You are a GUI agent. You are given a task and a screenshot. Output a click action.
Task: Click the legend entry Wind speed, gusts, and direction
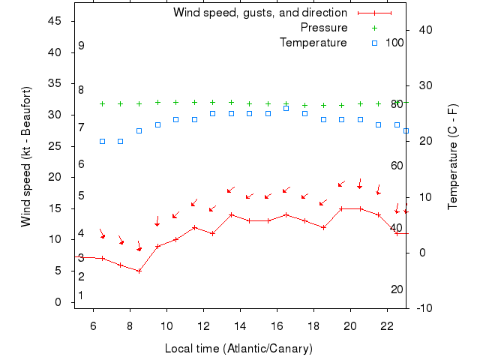pyautogui.click(x=259, y=13)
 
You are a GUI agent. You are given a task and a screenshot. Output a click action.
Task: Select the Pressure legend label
pyautogui.click(x=323, y=28)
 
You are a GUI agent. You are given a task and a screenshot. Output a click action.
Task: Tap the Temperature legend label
pyautogui.click(x=313, y=43)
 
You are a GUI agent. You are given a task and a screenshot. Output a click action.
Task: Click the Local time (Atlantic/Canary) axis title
pyautogui.click(x=238, y=349)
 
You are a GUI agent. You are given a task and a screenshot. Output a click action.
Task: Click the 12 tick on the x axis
pyautogui.click(x=203, y=325)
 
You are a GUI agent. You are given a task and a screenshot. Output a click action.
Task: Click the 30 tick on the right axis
pyautogui.click(x=422, y=85)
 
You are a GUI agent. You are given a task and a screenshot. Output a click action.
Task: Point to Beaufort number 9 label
pyautogui.click(x=81, y=46)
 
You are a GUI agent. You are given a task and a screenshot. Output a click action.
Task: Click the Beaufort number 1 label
pyautogui.click(x=81, y=295)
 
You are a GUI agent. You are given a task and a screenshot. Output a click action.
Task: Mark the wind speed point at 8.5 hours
pyautogui.click(x=139, y=271)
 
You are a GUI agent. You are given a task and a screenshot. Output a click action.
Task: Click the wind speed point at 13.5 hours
pyautogui.click(x=231, y=214)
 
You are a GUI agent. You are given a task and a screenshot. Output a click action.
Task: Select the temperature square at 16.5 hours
pyautogui.click(x=286, y=108)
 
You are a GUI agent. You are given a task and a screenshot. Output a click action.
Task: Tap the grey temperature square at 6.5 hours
pyautogui.click(x=102, y=141)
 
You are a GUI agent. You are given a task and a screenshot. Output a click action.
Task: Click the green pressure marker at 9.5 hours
pyautogui.click(x=157, y=103)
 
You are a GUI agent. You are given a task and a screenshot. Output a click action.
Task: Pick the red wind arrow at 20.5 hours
pyautogui.click(x=360, y=184)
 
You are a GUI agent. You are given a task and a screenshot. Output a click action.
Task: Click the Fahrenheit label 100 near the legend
pyautogui.click(x=394, y=43)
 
